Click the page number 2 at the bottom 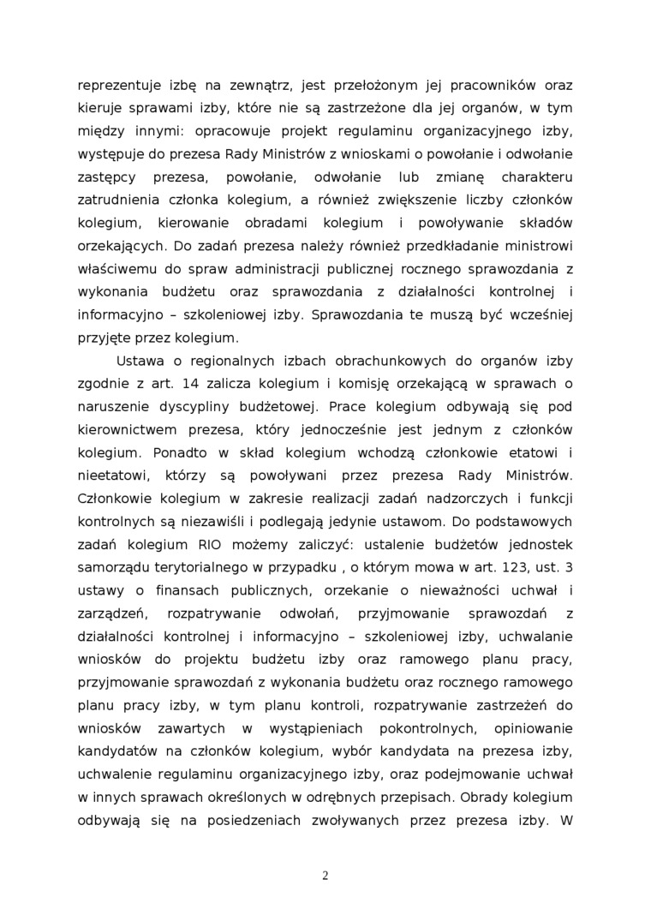pos(325,875)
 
